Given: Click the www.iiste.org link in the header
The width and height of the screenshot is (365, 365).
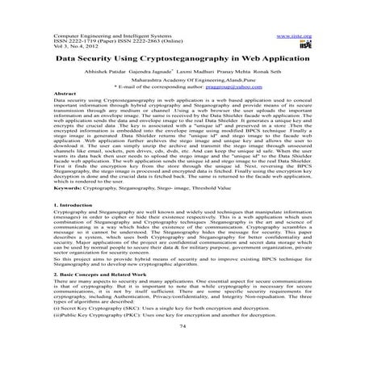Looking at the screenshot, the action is [x=293, y=36].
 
